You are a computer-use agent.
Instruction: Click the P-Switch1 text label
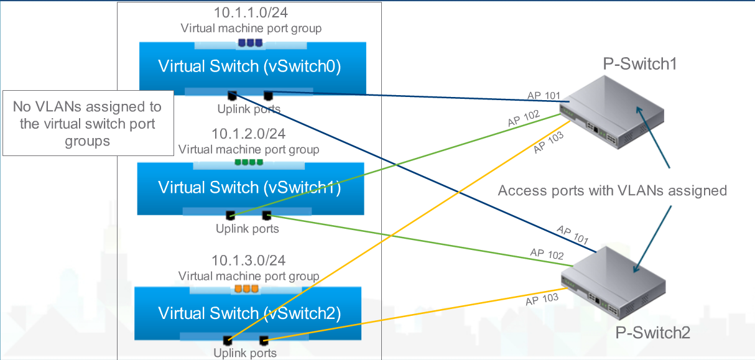[x=639, y=63]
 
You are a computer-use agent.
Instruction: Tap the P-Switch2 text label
[x=652, y=332]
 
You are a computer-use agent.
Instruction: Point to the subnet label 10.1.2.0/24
[x=249, y=133]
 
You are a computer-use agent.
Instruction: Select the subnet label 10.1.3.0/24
[x=249, y=260]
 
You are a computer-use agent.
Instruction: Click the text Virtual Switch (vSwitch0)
[x=249, y=67]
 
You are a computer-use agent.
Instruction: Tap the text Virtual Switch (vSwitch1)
[x=249, y=187]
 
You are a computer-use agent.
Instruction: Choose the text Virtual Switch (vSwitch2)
[x=249, y=313]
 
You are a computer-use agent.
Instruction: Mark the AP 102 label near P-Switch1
[x=523, y=119]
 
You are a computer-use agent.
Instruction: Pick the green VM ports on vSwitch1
[x=249, y=162]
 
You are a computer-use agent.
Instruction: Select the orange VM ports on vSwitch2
[x=246, y=289]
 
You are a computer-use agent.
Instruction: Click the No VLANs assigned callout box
[x=87, y=124]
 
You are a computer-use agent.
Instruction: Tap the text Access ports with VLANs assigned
[x=612, y=190]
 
